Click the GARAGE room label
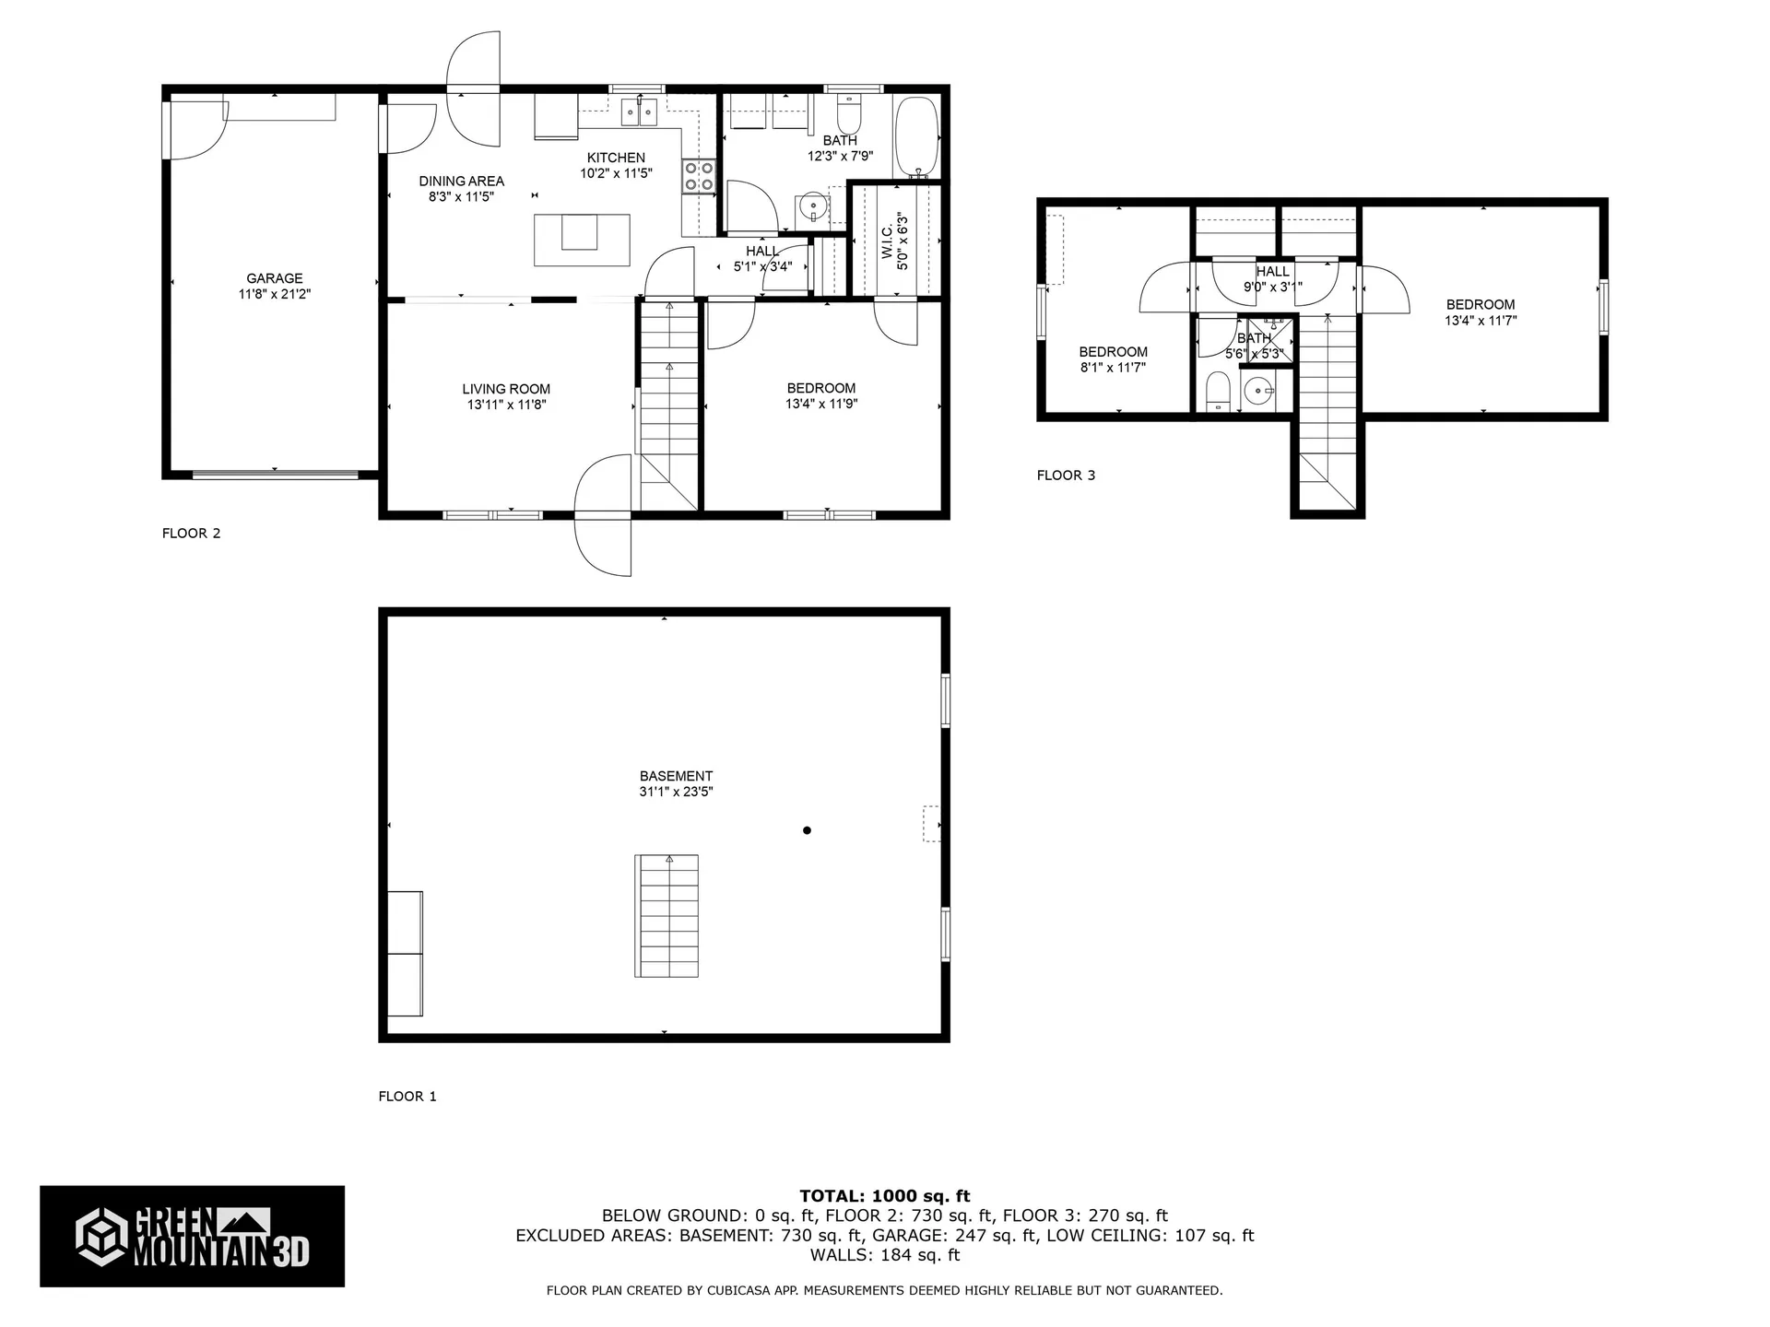point(274,278)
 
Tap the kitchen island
point(582,240)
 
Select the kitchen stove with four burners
point(699,176)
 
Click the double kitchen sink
point(638,112)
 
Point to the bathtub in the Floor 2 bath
point(916,137)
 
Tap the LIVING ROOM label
point(506,389)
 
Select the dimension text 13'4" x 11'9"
point(820,404)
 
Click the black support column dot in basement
point(807,830)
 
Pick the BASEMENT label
point(676,776)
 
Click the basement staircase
point(667,916)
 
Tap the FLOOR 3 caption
point(1066,476)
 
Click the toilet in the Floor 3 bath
point(1218,391)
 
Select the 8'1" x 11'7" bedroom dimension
point(1113,368)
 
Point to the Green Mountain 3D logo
point(192,1236)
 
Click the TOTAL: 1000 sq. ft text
point(884,1196)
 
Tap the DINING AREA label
point(461,182)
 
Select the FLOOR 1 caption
point(407,1096)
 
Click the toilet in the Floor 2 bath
point(848,116)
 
